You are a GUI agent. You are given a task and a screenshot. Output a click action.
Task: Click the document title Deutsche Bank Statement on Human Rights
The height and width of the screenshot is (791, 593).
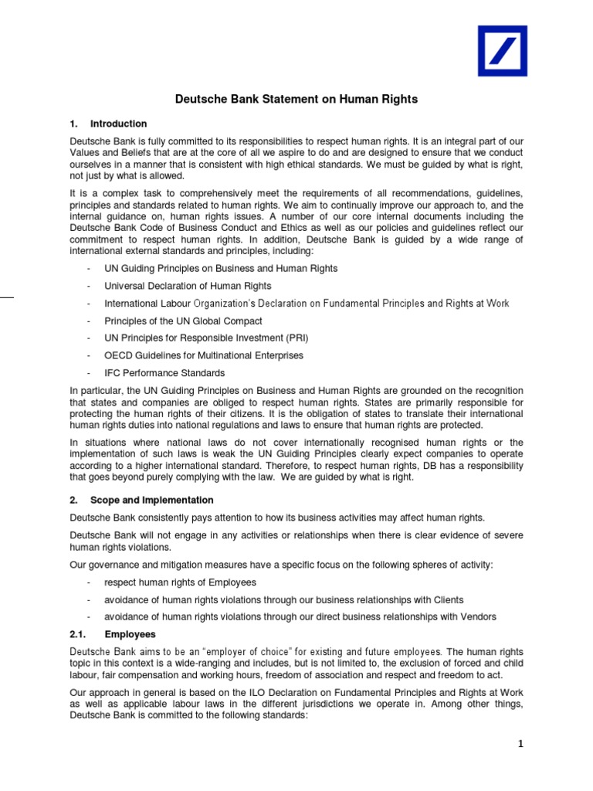[x=296, y=99]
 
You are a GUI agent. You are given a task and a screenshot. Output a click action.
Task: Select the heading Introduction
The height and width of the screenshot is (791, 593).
[x=118, y=124]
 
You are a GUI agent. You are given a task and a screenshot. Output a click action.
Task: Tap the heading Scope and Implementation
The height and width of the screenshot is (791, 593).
[x=151, y=500]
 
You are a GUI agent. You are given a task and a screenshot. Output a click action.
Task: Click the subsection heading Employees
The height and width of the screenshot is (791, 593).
[x=130, y=634]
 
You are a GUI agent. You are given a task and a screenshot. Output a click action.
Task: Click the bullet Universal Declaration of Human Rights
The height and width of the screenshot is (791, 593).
[x=188, y=286]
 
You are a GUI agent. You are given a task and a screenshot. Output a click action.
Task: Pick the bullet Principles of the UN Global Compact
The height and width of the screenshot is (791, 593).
[x=183, y=321]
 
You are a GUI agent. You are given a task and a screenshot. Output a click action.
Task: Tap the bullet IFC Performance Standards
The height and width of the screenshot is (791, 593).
[x=164, y=373]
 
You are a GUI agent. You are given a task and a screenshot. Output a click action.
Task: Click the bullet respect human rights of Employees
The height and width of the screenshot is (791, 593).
[x=180, y=582]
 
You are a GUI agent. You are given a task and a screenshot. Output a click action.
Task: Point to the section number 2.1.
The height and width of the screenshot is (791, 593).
[x=79, y=634]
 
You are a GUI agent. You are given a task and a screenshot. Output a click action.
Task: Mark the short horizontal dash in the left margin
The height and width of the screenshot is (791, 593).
[x=7, y=296]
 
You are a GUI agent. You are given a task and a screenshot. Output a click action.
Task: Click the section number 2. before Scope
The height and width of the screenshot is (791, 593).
[x=74, y=500]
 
